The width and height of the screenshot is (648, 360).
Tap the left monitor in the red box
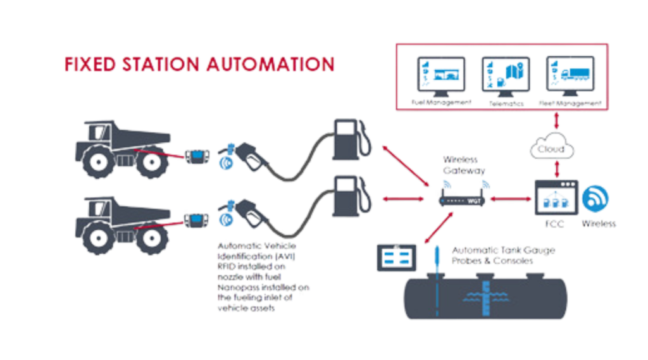click(441, 77)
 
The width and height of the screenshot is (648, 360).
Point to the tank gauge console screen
click(394, 257)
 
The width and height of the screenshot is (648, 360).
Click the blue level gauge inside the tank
click(485, 297)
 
